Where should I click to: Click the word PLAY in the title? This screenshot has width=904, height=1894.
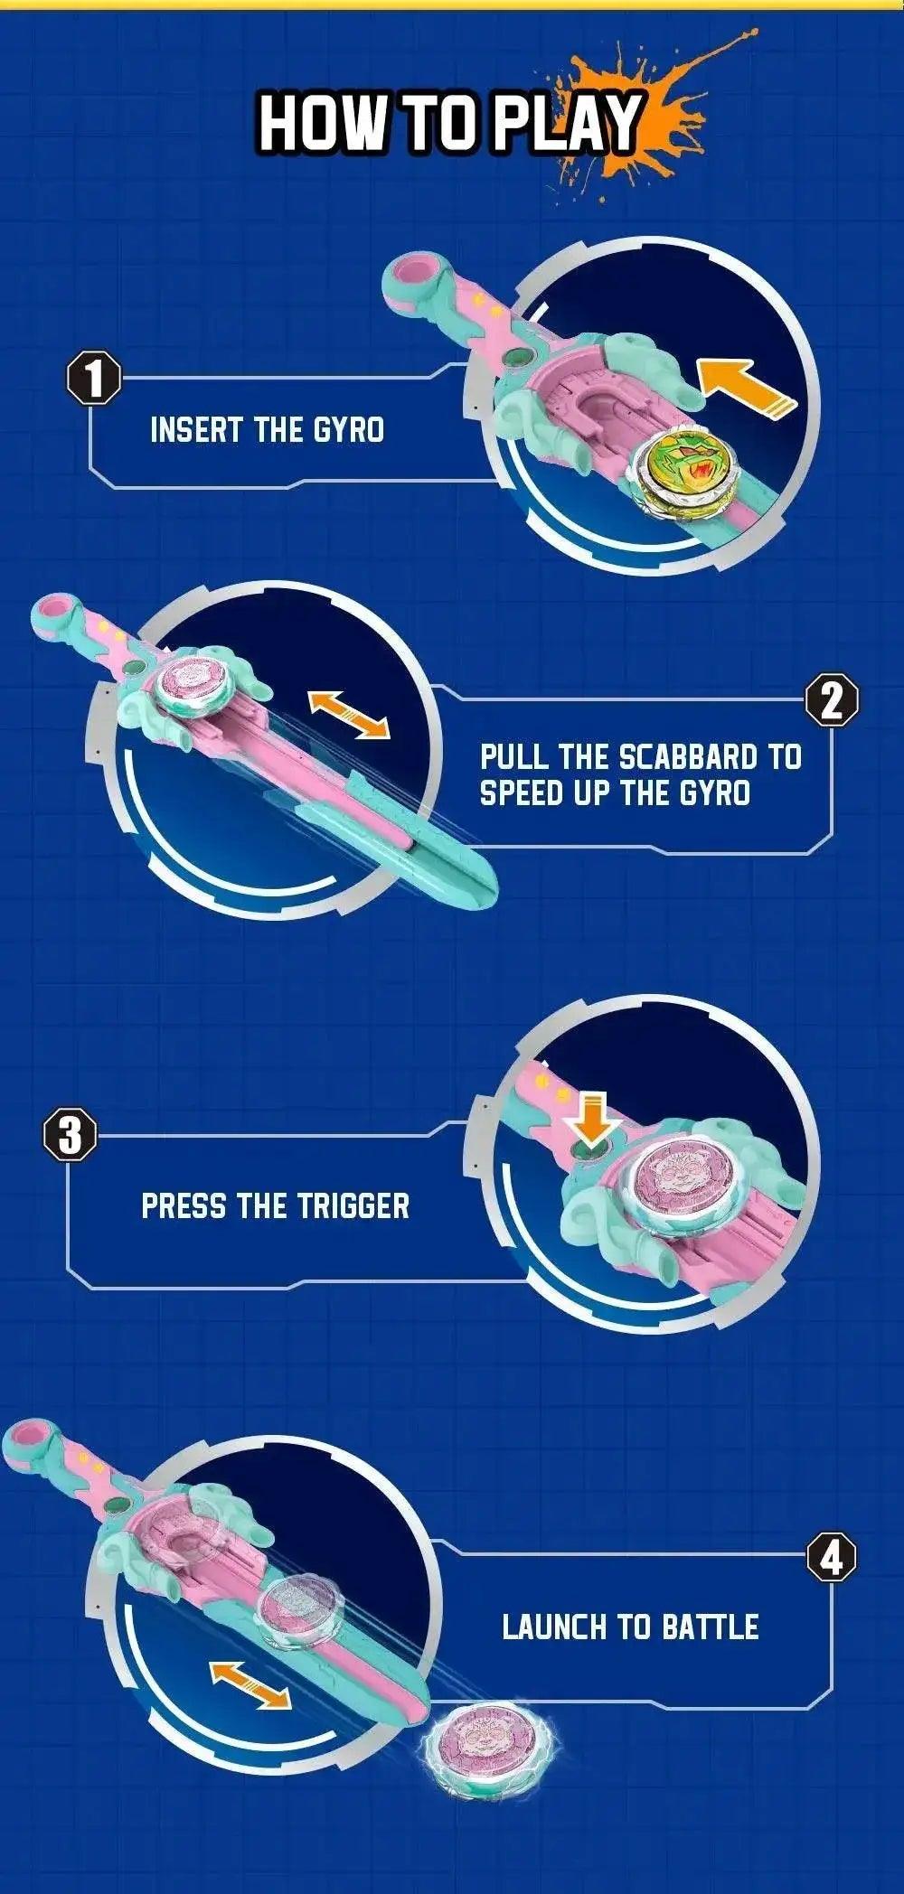tap(566, 123)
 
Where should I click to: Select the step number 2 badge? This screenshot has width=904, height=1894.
tap(832, 701)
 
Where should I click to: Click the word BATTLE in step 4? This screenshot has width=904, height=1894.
tap(710, 1627)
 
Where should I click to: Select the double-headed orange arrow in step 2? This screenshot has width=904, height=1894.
tap(349, 714)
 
